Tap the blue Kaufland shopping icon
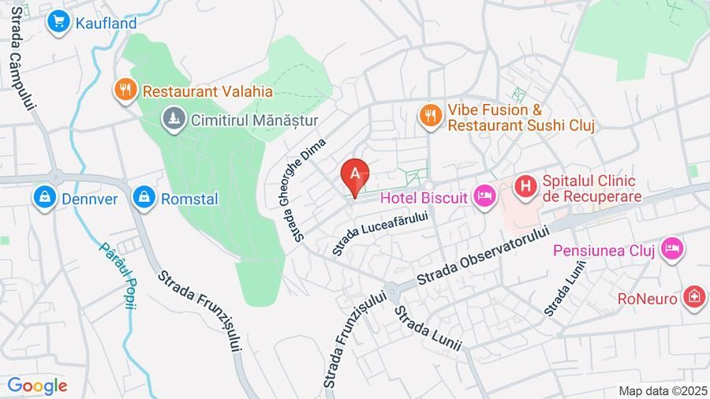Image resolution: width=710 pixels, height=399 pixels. tap(58, 23)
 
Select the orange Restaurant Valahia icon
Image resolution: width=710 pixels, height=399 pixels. tap(125, 91)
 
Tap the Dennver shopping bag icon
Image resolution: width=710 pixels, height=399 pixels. tap(45, 197)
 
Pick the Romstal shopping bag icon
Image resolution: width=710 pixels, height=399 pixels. tap(144, 197)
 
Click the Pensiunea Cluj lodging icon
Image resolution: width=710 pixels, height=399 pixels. tap(672, 249)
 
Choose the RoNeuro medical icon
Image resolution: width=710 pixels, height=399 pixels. tap(693, 298)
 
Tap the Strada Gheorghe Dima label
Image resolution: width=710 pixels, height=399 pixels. tap(302, 190)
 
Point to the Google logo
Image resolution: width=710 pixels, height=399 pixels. tap(37, 386)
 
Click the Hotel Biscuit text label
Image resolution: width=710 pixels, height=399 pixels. tap(424, 197)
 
